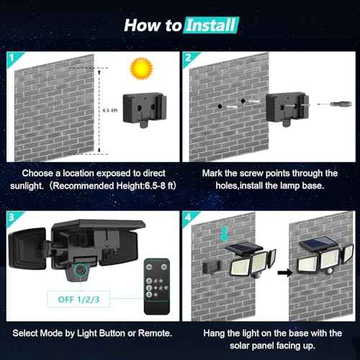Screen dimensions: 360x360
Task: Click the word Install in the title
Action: point(210,25)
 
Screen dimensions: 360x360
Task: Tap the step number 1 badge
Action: point(12,56)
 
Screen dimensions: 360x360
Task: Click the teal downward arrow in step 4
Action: point(224,233)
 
